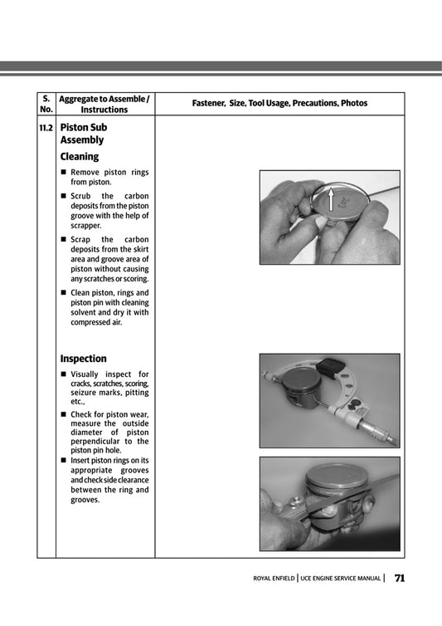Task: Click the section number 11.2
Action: click(x=46, y=129)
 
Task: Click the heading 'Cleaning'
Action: click(x=79, y=156)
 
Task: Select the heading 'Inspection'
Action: click(x=83, y=359)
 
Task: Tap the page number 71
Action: click(x=400, y=578)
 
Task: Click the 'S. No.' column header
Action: click(x=46, y=104)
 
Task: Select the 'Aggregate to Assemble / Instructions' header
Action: click(x=104, y=104)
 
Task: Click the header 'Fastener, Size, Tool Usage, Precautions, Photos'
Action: click(x=279, y=104)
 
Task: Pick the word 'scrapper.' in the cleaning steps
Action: click(x=86, y=226)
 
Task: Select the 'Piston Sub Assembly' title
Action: click(x=83, y=134)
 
